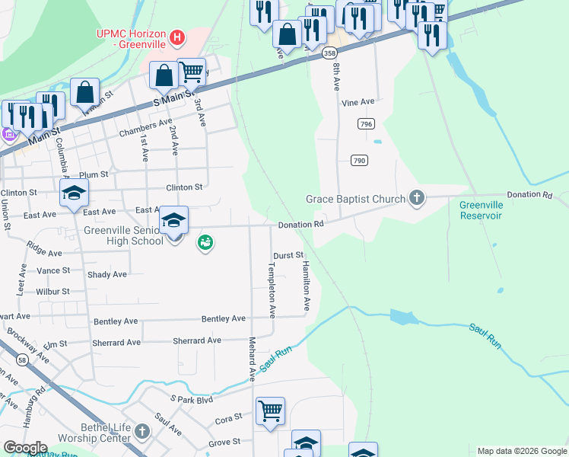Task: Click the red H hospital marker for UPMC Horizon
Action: tap(177, 36)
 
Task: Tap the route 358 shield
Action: tap(329, 53)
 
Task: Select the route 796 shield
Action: tap(366, 123)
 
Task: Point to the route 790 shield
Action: tap(360, 160)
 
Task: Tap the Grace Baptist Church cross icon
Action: tap(416, 199)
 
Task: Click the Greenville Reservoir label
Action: tap(481, 210)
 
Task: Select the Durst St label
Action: tap(289, 256)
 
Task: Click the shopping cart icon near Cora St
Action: tap(270, 411)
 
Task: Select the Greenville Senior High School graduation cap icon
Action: tap(174, 221)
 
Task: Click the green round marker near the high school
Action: tap(205, 244)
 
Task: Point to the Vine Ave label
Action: tap(358, 102)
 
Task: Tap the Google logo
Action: tap(24, 448)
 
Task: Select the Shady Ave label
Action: tap(109, 274)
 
